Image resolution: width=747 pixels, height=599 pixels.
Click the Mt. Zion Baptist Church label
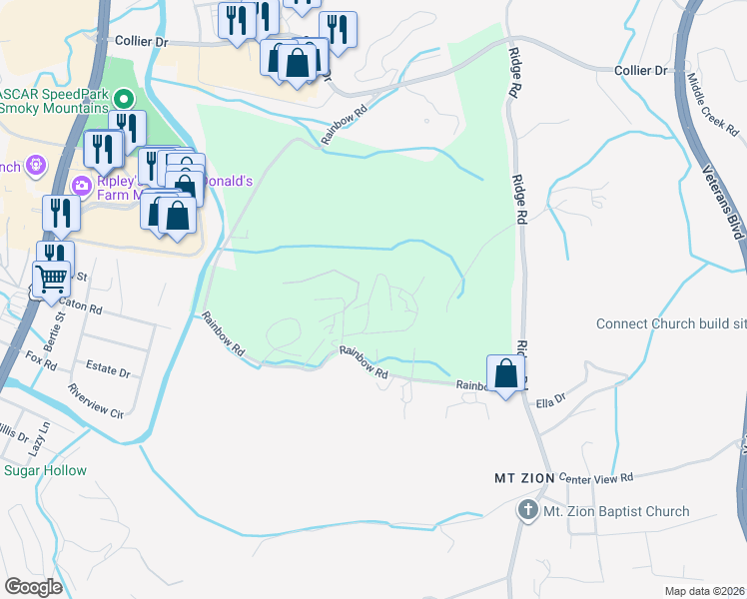point(615,512)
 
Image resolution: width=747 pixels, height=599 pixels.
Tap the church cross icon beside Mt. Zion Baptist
point(527,511)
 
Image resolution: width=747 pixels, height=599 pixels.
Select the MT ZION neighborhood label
point(524,478)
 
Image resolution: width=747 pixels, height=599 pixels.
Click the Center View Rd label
point(597,479)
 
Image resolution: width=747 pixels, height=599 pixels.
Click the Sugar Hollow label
point(45,470)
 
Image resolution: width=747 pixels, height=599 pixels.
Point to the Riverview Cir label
point(96,400)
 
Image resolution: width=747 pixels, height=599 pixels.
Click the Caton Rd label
point(81,307)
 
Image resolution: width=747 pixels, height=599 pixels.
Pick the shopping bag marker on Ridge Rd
point(507,374)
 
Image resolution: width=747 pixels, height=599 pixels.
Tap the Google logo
point(33,587)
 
